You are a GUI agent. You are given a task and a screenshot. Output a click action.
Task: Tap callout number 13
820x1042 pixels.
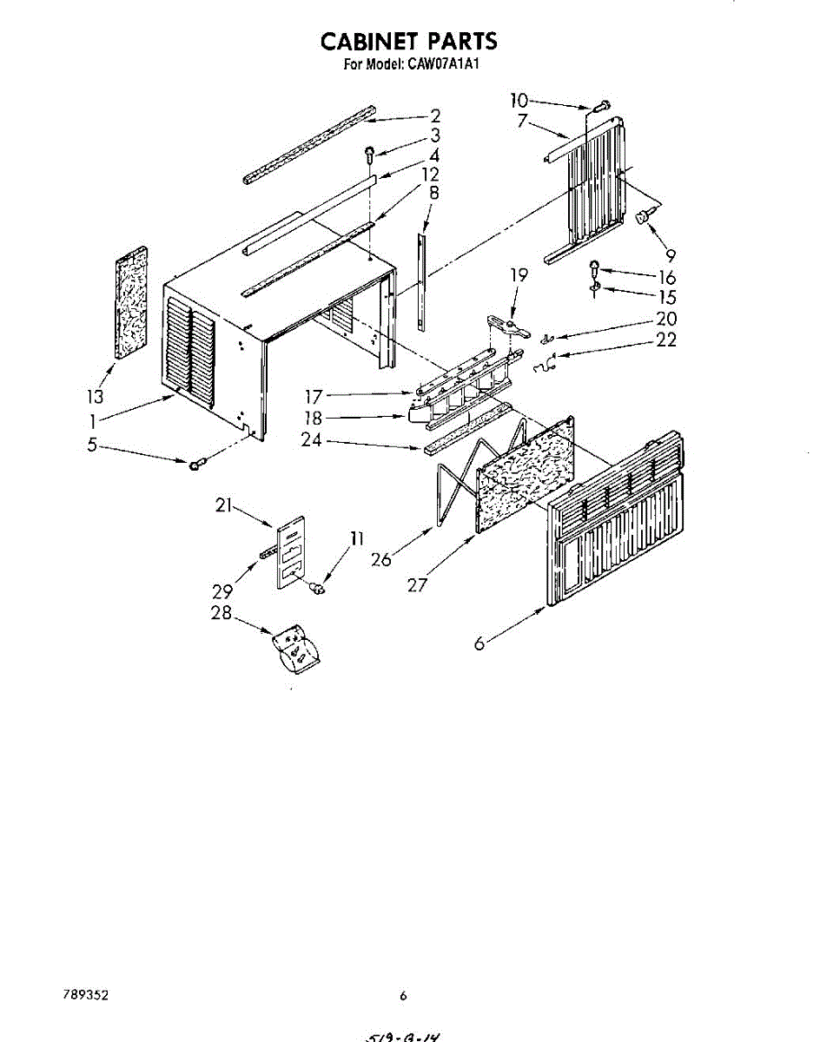95,397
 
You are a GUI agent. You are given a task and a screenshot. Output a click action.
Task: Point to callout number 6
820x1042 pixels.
479,643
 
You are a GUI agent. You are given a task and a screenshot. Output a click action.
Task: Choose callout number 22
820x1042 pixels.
666,340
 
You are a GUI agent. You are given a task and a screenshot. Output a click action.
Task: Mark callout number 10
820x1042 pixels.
519,100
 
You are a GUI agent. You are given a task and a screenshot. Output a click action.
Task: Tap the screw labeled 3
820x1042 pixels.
370,155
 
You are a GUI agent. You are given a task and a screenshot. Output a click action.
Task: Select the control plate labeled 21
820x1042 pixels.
291,553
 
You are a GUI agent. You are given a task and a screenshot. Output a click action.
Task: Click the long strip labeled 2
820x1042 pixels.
309,145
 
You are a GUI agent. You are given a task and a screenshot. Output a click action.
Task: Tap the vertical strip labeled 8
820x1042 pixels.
422,278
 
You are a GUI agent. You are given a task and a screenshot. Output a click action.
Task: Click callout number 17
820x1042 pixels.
314,397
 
